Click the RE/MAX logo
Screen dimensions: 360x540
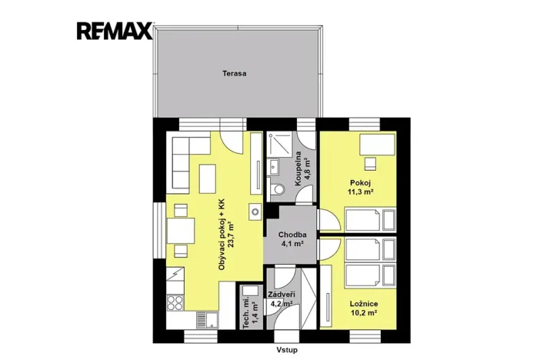(114, 31)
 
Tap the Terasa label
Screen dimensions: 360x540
(235, 75)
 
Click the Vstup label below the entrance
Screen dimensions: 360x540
(287, 348)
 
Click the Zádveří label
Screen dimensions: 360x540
(282, 295)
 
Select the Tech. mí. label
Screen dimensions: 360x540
(247, 312)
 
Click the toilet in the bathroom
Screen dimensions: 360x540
(278, 190)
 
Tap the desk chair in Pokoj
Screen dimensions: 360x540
(371, 162)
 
